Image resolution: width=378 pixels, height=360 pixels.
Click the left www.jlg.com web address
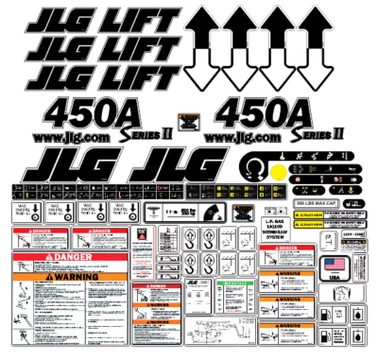click(71, 139)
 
